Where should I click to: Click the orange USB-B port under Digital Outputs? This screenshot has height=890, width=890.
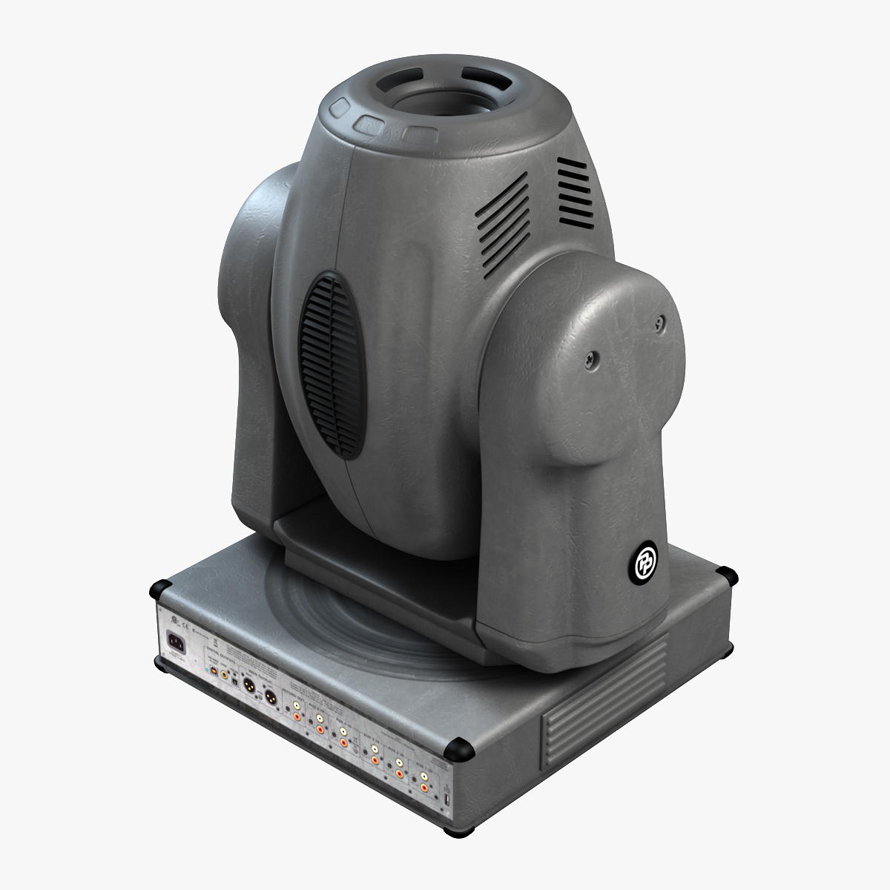coord(214,670)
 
